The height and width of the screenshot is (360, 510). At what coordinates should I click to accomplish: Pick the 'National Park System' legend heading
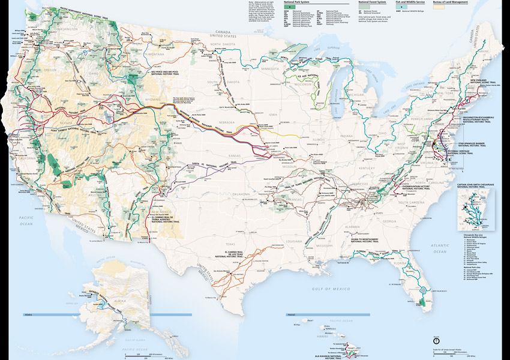point(301,3)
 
